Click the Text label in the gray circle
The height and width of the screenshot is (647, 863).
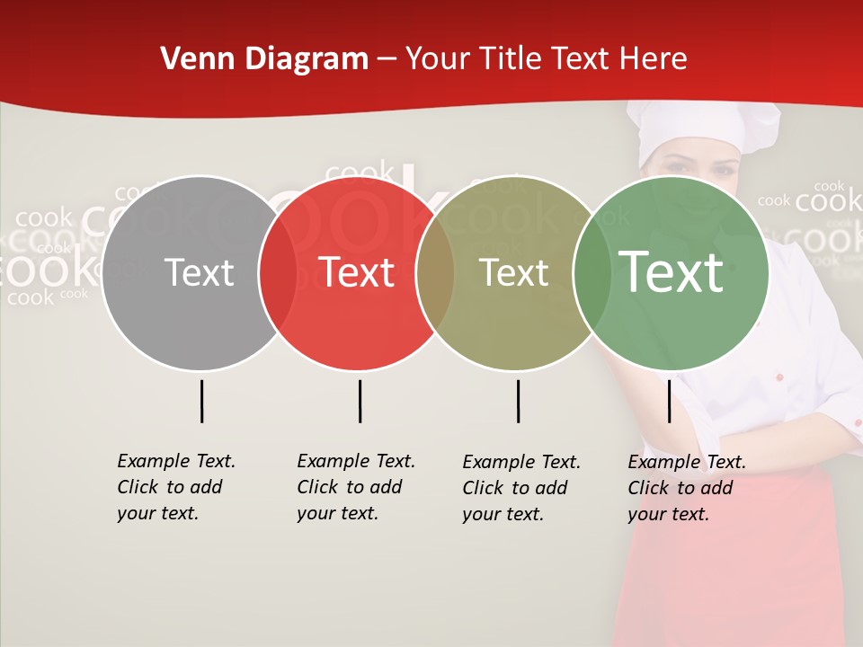coord(199,273)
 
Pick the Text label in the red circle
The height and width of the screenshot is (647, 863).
coord(357,273)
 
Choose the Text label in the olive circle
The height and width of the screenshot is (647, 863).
coord(513,273)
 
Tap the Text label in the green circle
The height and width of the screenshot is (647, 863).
coord(671,273)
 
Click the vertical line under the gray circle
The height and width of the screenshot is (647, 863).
coord(202,401)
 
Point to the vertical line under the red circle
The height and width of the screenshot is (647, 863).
coord(360,401)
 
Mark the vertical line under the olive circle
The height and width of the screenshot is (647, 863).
coord(518,401)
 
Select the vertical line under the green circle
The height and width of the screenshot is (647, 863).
coord(669,401)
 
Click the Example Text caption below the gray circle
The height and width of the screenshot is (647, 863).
coord(175,487)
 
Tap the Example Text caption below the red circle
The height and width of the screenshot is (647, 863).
coord(355,487)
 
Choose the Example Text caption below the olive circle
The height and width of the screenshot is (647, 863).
coord(520,488)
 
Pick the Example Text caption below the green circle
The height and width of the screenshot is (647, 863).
coord(686,488)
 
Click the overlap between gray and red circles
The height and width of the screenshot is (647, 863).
coord(278,273)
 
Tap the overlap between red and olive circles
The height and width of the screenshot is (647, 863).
coord(435,273)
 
